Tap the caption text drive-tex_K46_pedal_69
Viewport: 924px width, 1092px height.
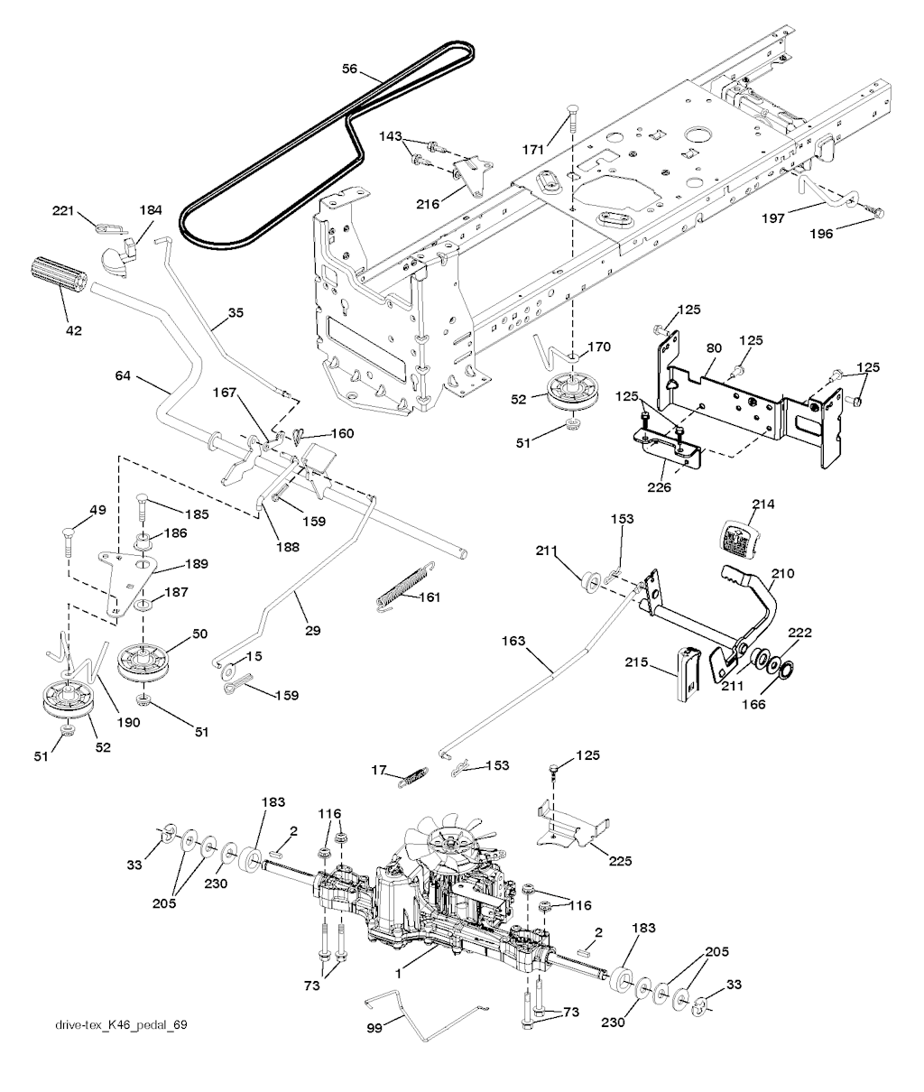[x=121, y=1025]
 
